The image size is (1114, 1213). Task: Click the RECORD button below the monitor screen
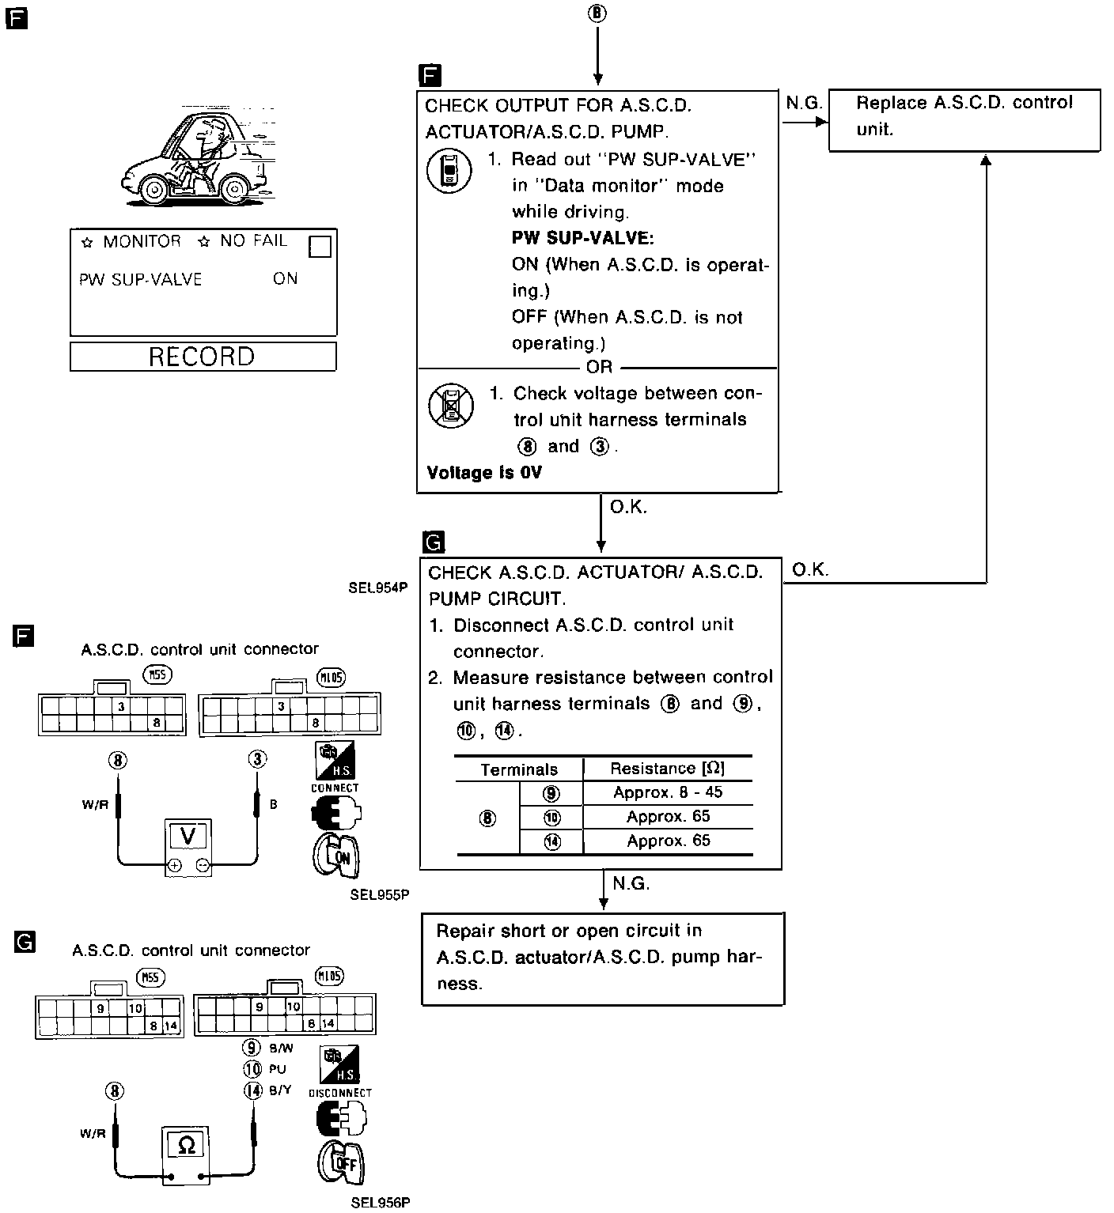tap(203, 356)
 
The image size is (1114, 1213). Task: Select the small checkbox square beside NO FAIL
tap(320, 248)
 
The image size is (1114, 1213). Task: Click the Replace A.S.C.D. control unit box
tap(964, 119)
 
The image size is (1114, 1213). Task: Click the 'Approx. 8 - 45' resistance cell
tap(668, 792)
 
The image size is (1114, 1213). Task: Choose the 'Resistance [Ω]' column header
tap(667, 769)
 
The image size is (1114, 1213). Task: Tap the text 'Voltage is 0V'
tap(484, 473)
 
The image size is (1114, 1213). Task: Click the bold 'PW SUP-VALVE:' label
tap(582, 238)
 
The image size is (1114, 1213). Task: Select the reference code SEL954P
tap(377, 588)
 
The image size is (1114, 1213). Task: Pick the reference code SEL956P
tap(381, 1204)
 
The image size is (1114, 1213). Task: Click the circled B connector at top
tap(598, 13)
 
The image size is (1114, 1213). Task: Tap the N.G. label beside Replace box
tap(804, 104)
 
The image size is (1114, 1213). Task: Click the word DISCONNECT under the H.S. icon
tap(340, 1093)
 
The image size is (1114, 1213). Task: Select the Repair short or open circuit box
tap(602, 958)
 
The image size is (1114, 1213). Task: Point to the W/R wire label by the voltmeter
tap(94, 805)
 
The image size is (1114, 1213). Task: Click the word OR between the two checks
tap(599, 367)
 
